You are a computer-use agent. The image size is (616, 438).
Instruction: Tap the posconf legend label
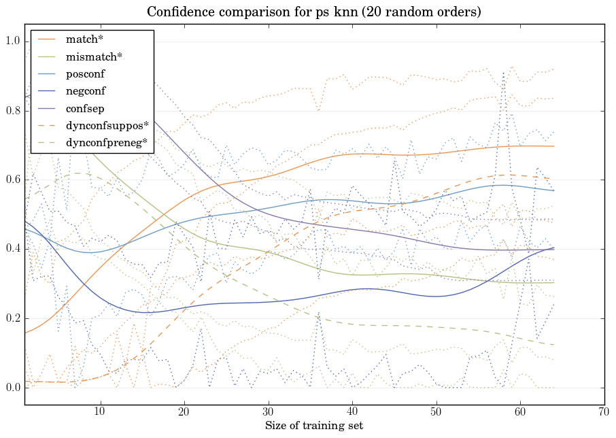click(85, 73)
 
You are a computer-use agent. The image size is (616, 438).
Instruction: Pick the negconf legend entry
click(86, 90)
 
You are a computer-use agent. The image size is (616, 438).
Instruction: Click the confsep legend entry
click(84, 107)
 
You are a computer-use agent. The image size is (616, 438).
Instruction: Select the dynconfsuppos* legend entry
click(107, 125)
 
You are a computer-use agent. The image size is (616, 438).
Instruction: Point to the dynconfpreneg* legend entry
click(107, 142)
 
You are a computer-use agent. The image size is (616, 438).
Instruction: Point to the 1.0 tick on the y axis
click(14, 42)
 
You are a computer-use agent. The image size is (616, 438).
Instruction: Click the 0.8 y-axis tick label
click(14, 112)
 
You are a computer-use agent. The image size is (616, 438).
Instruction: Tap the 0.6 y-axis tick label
click(14, 180)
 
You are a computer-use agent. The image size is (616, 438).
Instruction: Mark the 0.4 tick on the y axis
click(14, 250)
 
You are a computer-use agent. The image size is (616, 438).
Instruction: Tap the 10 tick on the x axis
click(100, 411)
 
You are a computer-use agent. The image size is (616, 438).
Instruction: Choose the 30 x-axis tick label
click(269, 411)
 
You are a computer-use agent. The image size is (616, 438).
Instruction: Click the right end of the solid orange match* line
click(554, 146)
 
